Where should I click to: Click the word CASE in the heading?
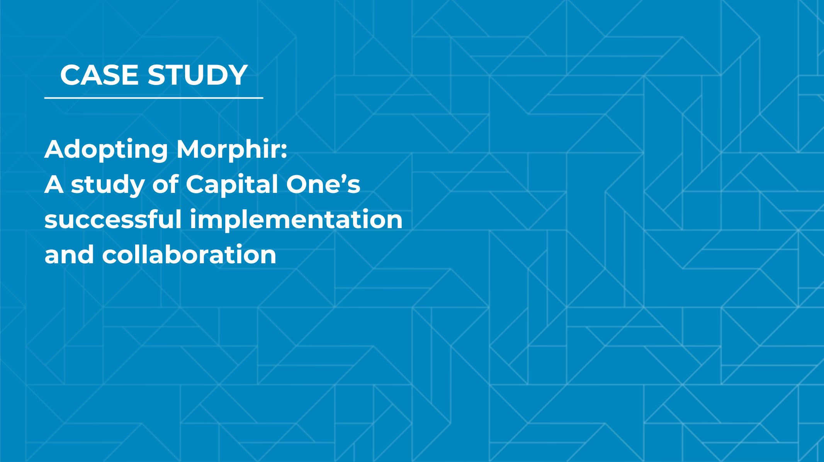tap(99, 75)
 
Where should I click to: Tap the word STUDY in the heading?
tap(197, 75)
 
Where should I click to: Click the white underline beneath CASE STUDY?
tap(154, 98)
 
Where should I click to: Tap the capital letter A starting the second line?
tap(54, 184)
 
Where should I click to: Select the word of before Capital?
tap(165, 183)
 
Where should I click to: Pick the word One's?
tap(323, 184)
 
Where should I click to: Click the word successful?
tap(113, 219)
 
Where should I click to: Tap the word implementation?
tap(296, 220)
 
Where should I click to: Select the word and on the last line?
tap(69, 254)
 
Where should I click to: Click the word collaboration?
tap(189, 254)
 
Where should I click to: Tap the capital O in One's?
tap(298, 184)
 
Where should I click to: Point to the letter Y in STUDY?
tap(237, 75)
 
